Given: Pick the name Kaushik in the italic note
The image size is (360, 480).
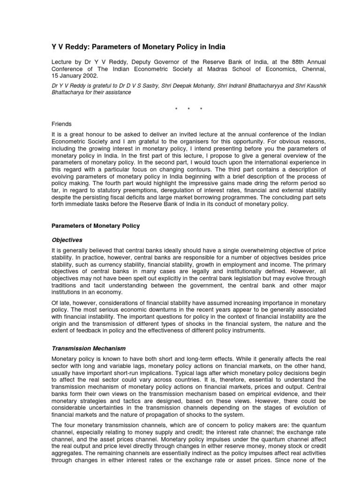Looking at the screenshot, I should pos(297,86).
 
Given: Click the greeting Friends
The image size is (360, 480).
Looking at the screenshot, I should pos(61,124).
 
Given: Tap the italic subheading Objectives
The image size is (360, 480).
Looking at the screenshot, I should pos(67,240).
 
